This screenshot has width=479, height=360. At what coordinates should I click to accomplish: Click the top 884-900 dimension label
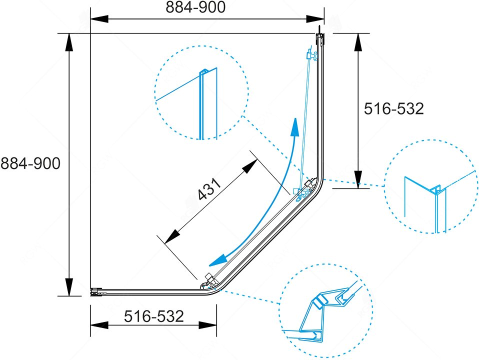pos(195,7)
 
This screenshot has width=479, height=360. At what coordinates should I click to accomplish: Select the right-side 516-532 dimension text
pos(394,109)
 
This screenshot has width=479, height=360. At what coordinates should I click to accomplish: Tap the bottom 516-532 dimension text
pos(154,316)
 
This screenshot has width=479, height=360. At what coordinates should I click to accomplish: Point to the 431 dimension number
pos(209,189)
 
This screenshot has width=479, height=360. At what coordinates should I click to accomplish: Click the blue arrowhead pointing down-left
pos(218,260)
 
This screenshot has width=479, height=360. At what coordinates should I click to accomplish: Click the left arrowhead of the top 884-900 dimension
pos(99,19)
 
